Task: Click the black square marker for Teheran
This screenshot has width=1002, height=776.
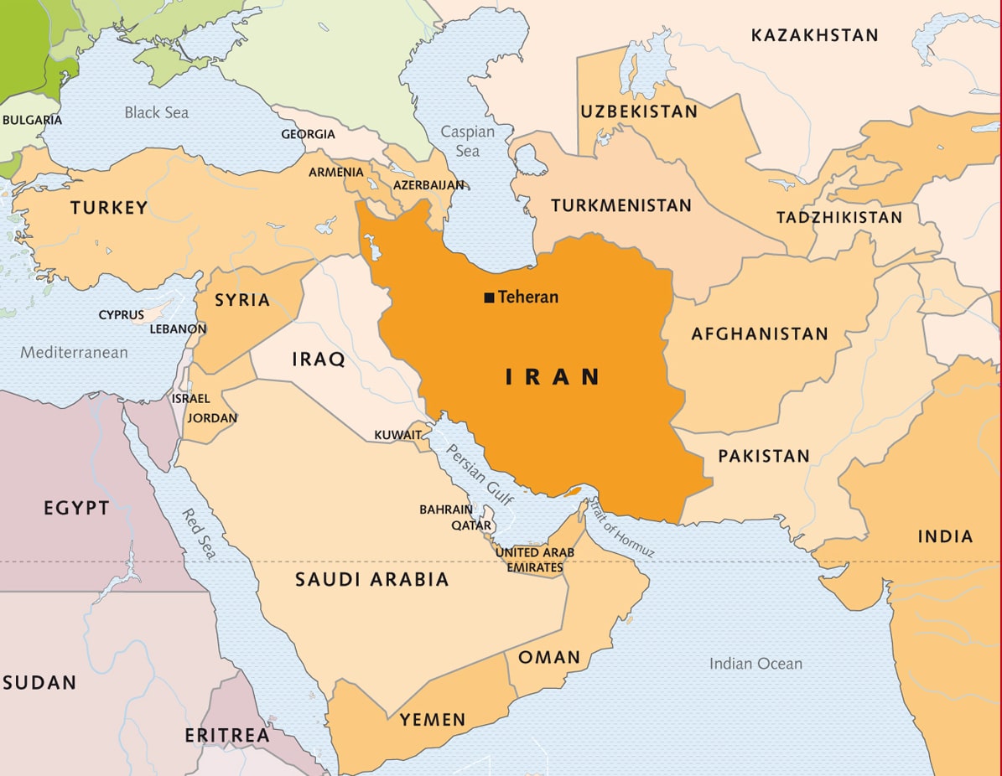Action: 489,297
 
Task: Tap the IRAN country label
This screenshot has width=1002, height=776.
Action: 553,377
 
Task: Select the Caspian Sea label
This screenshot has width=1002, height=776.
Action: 467,142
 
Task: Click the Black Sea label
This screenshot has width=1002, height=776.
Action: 157,112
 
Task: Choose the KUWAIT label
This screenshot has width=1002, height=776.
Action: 397,435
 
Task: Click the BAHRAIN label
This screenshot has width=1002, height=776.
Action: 446,510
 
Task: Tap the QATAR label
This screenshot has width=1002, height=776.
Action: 471,525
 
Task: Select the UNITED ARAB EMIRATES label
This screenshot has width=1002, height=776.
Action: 535,560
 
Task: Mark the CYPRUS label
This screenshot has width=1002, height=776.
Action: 122,315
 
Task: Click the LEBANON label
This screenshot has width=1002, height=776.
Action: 178,329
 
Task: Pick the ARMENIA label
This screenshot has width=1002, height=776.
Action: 336,172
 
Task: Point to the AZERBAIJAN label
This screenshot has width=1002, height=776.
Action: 429,184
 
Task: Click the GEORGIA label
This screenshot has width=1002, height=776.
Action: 308,134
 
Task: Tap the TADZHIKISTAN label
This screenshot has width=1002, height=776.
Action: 839,218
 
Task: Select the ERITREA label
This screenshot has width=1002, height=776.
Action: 227,736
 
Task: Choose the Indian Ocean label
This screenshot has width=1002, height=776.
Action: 755,664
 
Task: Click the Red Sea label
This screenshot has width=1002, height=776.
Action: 200,534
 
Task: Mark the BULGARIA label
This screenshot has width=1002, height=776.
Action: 32,120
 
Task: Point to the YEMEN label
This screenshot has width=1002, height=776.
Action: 432,719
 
